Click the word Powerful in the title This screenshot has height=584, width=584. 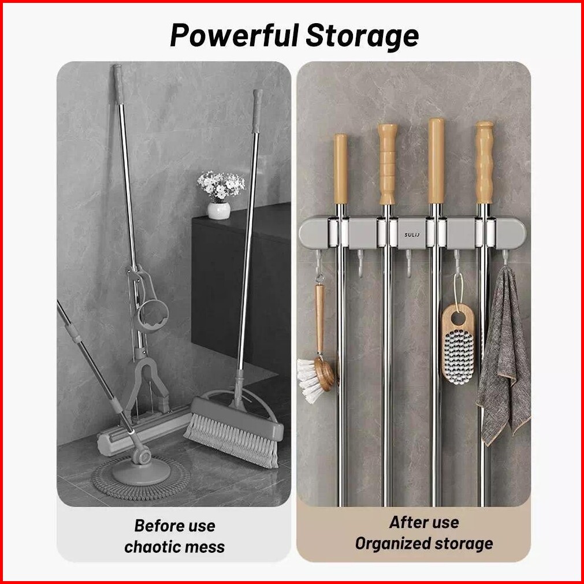tap(234, 36)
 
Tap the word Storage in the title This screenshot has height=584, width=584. tap(362, 36)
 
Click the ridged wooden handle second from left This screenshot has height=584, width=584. tap(386, 165)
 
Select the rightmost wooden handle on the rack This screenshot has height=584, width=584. tap(484, 163)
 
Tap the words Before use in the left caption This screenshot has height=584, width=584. tap(174, 526)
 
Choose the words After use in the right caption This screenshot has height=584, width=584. tap(423, 522)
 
